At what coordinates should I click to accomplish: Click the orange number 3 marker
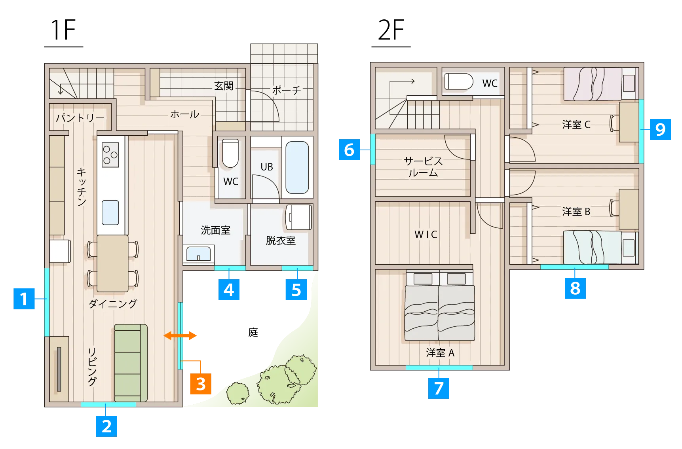coord(201,384)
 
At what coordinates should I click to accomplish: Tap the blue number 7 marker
coord(439,388)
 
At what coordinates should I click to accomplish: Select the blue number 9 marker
coord(660,129)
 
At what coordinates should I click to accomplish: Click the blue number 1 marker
coord(24,299)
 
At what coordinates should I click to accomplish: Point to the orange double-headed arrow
coord(180,336)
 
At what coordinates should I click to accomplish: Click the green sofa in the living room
coord(131,363)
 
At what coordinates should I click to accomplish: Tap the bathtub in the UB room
coord(297,167)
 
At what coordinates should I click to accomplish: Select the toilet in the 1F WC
coord(230,153)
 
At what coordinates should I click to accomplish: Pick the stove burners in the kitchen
coord(110,155)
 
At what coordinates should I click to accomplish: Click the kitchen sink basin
coord(110,213)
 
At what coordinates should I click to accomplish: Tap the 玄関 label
coord(224,86)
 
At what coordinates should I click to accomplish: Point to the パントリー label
coord(80,118)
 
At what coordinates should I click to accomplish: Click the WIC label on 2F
coord(426,235)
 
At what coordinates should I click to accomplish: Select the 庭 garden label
coord(253,332)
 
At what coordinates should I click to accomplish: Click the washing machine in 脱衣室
coord(299,217)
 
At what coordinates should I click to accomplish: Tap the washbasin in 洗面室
coord(199,254)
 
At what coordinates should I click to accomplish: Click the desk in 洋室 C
coord(629,122)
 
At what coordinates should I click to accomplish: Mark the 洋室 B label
coord(576,212)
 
